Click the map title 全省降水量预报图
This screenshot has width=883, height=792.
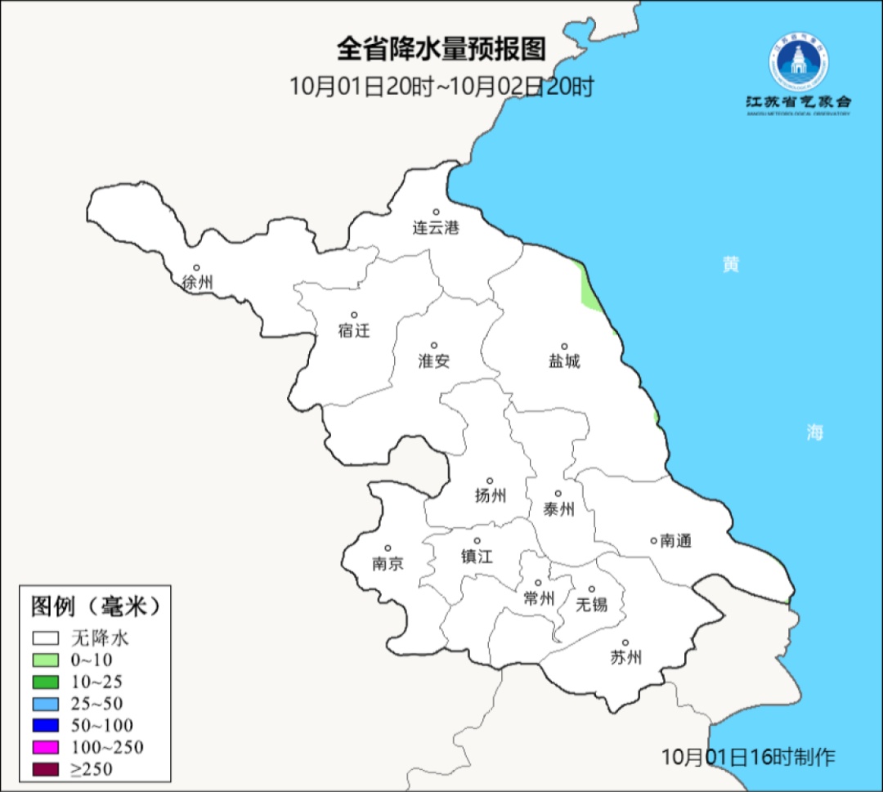pyautogui.click(x=441, y=49)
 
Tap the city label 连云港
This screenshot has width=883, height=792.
pyautogui.click(x=436, y=227)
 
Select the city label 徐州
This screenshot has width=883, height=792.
pyautogui.click(x=197, y=283)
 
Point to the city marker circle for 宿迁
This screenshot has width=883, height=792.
pyautogui.click(x=354, y=315)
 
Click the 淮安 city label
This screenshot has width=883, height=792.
pyautogui.click(x=434, y=360)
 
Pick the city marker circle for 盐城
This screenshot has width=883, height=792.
pyautogui.click(x=564, y=346)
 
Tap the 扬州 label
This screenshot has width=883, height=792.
pyautogui.click(x=491, y=495)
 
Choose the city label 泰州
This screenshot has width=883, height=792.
pyautogui.click(x=558, y=509)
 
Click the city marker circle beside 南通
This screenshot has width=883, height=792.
pyautogui.click(x=653, y=539)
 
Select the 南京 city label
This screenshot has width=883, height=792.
pyautogui.click(x=388, y=563)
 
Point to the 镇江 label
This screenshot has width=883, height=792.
pyautogui.click(x=477, y=556)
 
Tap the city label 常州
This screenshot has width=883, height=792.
pyautogui.click(x=539, y=598)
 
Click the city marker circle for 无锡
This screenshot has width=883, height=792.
pyautogui.click(x=592, y=588)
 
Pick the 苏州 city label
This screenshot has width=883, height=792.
pyautogui.click(x=626, y=657)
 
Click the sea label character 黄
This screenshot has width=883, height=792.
pyautogui.click(x=730, y=264)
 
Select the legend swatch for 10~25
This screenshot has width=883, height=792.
pyautogui.click(x=46, y=682)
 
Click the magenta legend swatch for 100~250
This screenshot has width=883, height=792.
pyautogui.click(x=46, y=747)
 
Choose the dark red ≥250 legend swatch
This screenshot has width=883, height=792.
pyautogui.click(x=46, y=769)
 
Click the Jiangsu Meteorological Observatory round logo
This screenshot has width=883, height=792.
pyautogui.click(x=797, y=62)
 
